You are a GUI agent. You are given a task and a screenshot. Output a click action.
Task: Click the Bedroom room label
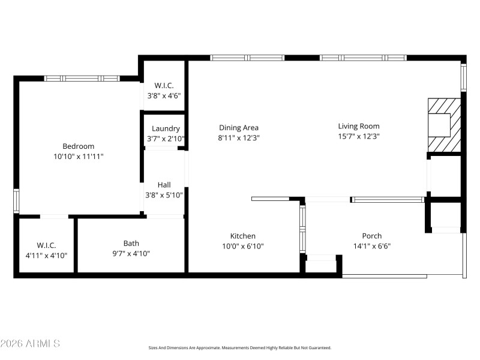pos(79,146)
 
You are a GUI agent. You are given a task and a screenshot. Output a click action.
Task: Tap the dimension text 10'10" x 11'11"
pos(79,156)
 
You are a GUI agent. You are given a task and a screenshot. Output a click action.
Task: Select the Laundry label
pos(166,128)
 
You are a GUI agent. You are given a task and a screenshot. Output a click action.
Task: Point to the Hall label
pos(164,185)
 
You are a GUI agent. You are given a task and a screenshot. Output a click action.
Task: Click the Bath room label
pos(131,243)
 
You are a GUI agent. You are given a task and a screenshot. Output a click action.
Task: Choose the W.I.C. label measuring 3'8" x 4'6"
pos(164,86)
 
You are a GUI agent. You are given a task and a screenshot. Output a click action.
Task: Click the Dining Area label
pos(239,127)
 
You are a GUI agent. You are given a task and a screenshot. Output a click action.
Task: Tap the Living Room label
pos(359,126)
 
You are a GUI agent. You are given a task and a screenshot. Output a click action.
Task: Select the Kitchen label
pos(243,236)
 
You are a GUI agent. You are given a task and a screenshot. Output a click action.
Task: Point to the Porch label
pos(372,236)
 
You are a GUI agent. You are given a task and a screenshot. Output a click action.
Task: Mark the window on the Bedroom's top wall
pos(82,78)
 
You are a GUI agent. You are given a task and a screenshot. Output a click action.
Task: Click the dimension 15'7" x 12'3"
pos(359,136)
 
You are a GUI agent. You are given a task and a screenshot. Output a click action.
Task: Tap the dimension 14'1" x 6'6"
pos(372,245)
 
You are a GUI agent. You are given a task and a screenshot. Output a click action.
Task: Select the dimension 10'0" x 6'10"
pos(243,246)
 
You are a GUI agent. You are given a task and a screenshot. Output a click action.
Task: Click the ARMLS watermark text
pos(30,344)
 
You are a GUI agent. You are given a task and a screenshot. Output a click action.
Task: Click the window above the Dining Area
pos(247,58)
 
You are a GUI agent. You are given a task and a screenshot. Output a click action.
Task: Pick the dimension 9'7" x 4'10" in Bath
pos(131,253)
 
